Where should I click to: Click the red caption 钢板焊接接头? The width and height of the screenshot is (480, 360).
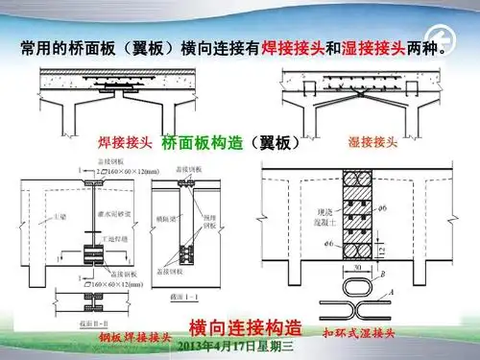click(x=135, y=338)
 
